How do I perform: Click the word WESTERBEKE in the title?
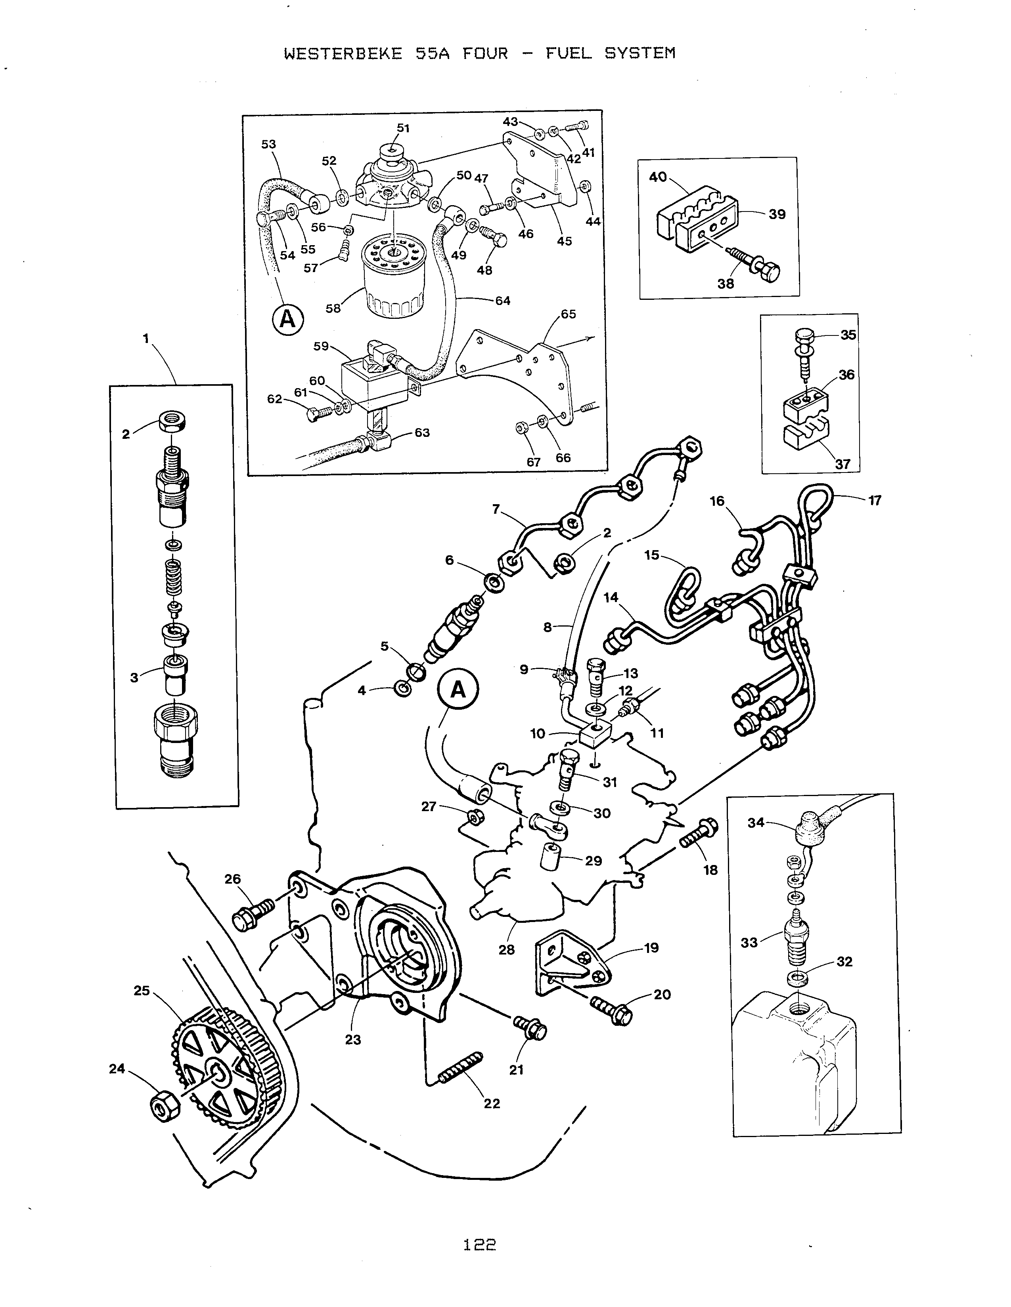click(x=343, y=54)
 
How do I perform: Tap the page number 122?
click(x=480, y=1245)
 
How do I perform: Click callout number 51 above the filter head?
click(x=403, y=128)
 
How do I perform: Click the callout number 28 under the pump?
click(x=507, y=950)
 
